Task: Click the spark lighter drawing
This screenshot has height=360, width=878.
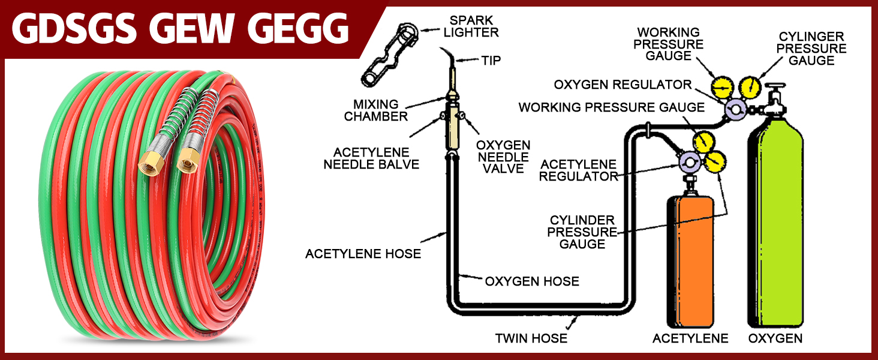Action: (390, 54)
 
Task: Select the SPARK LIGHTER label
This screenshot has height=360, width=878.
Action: (471, 25)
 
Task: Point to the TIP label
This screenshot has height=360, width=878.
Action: (491, 61)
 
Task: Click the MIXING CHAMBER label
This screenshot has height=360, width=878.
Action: (376, 110)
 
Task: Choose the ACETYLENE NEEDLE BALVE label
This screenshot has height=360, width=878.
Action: (371, 158)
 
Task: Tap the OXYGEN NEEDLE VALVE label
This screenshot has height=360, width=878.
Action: (503, 157)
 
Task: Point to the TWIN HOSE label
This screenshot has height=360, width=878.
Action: (531, 338)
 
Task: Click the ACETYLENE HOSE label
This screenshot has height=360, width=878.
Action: (363, 254)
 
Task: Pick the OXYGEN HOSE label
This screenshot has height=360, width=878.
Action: (532, 281)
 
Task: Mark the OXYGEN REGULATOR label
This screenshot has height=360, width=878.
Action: (623, 85)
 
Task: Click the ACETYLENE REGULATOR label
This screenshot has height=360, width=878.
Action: (578, 170)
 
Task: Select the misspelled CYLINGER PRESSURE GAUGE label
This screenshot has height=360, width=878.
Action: (811, 49)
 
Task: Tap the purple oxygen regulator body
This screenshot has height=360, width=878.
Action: (735, 109)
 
